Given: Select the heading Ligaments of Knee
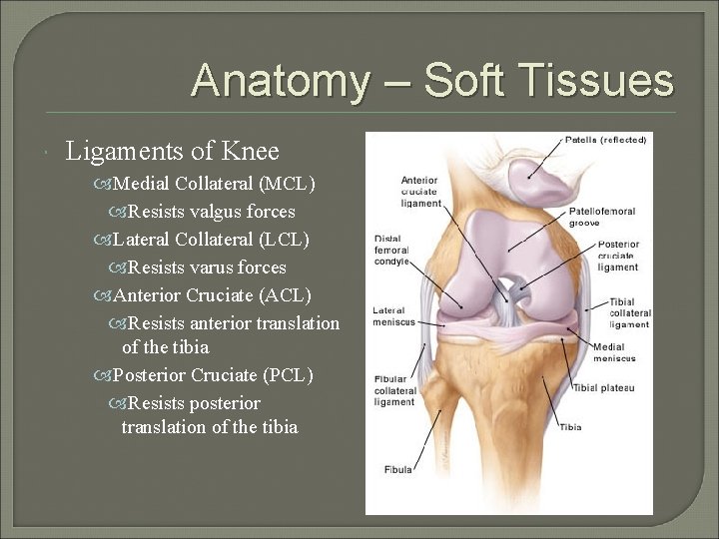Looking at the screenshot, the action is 172,152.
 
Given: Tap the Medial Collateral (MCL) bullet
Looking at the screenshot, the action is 214,184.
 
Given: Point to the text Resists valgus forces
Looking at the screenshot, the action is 212,212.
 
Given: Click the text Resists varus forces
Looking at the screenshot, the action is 207,268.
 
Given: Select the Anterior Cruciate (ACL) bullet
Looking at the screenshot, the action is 212,295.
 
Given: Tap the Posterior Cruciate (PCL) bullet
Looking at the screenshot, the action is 213,375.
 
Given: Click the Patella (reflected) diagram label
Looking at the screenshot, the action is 605,140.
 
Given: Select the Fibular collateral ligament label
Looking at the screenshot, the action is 395,390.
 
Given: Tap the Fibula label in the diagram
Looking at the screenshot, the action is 397,469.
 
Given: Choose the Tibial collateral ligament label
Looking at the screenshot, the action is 629,313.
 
